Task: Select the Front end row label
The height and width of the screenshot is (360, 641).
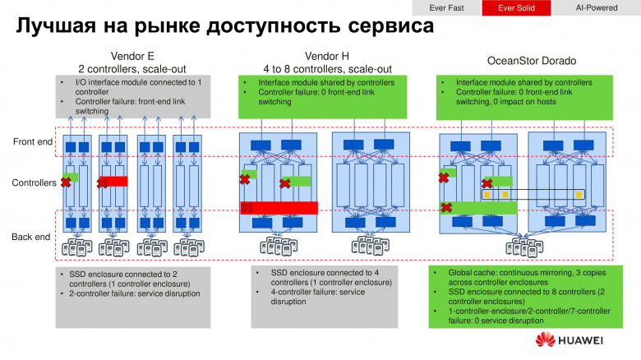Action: [x=33, y=141]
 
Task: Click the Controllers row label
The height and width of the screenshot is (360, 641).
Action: [x=33, y=182]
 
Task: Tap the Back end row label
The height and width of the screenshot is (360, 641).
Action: [x=33, y=237]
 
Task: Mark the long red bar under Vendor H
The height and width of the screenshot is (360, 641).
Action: [x=279, y=207]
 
